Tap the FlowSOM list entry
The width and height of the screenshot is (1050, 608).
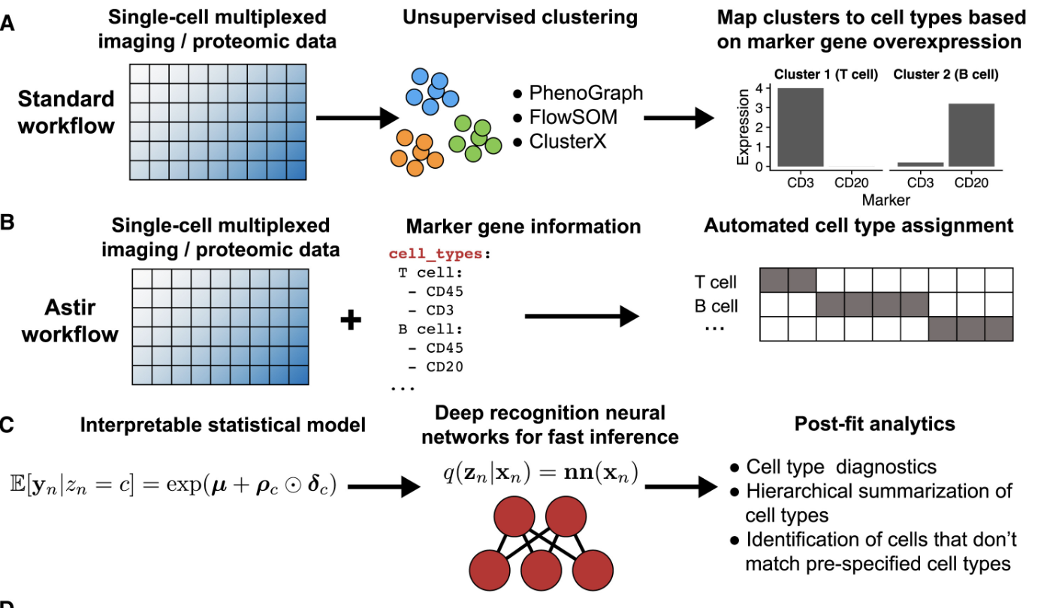(571, 116)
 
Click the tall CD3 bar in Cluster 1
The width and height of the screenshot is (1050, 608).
(801, 128)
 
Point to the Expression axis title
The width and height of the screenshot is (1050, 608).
(744, 128)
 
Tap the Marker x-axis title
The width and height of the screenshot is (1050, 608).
(886, 200)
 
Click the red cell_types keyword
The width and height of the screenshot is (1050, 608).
(436, 254)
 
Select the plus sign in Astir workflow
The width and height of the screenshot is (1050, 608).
(351, 321)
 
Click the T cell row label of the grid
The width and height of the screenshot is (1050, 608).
(717, 282)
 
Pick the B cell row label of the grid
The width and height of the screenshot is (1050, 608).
(717, 306)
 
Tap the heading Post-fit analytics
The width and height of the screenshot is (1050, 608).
(874, 424)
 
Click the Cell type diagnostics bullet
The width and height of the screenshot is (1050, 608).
(840, 467)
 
